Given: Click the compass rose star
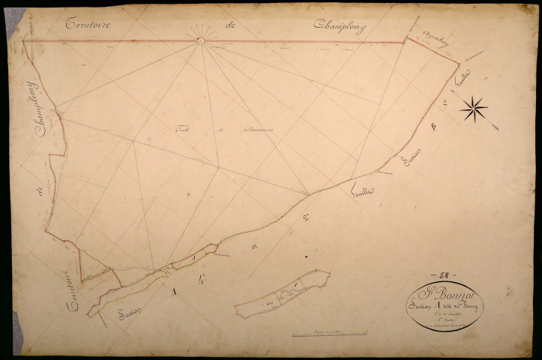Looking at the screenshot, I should pos(474,109).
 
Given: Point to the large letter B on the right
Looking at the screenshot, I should pos(431,129).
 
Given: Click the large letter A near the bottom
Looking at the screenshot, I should pos(175,289).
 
